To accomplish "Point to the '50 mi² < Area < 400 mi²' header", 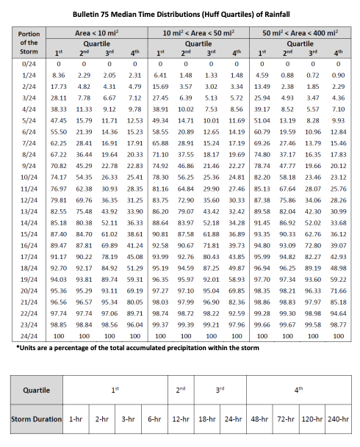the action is [x=302, y=34].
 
